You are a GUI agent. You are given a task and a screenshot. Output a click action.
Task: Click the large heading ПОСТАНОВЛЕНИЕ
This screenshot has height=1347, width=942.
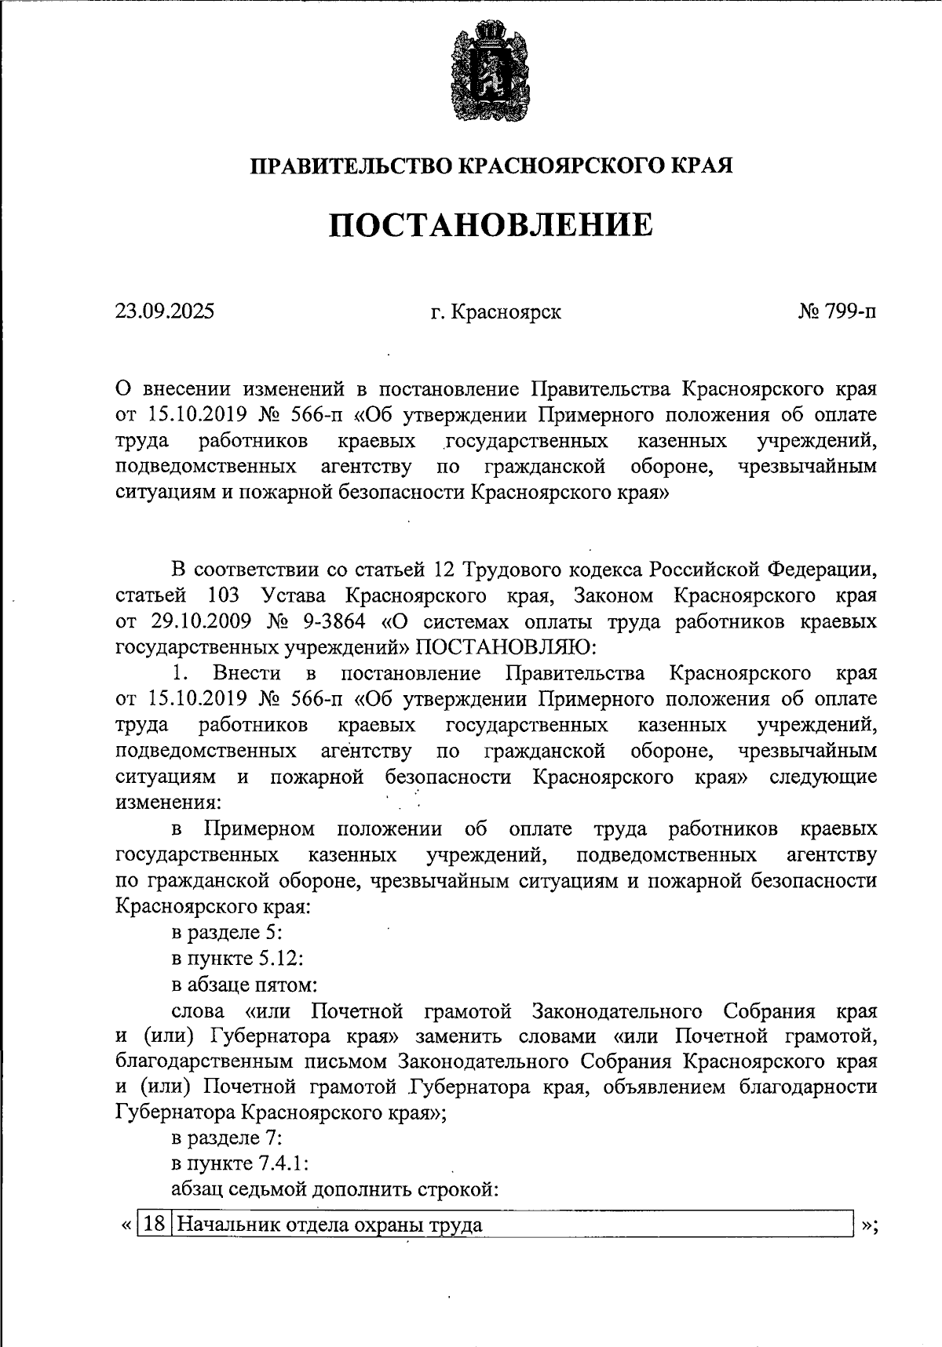click(490, 226)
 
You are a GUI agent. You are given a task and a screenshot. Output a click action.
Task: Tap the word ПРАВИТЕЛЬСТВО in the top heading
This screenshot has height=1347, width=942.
click(350, 166)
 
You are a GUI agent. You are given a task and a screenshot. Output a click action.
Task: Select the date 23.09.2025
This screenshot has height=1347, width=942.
click(165, 312)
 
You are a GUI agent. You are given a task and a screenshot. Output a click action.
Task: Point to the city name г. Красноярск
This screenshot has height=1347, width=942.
click(495, 312)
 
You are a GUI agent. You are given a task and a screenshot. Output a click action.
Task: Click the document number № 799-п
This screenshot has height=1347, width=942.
click(837, 312)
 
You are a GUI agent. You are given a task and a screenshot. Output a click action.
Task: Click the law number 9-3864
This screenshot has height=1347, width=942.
click(330, 621)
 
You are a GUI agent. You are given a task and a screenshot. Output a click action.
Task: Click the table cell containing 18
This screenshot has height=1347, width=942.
click(155, 1225)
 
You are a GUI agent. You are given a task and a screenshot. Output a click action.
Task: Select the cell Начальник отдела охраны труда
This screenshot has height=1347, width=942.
click(330, 1225)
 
